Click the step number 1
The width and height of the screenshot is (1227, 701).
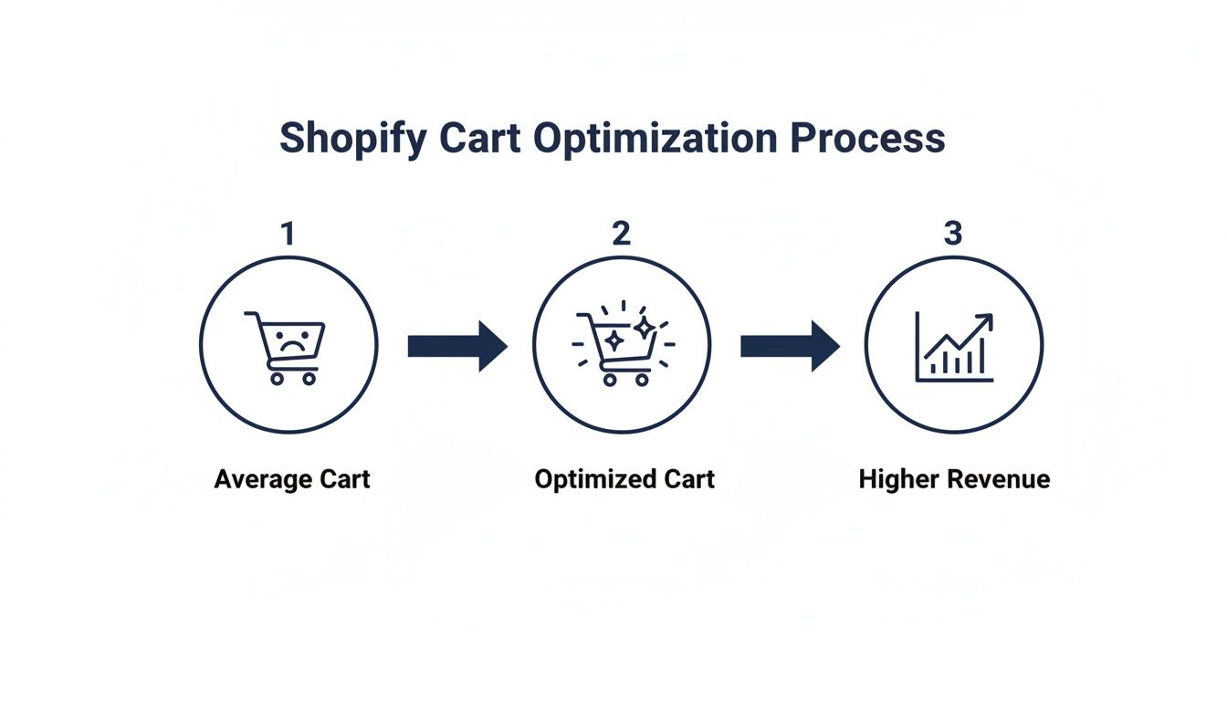click(288, 234)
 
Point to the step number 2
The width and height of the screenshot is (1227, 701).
click(621, 234)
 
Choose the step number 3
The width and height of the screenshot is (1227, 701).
click(952, 234)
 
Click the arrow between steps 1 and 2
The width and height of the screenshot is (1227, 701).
click(456, 346)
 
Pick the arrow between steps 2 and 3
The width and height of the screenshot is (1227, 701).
click(790, 346)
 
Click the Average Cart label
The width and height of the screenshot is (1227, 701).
click(292, 479)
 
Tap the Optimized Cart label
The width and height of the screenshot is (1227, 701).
click(624, 479)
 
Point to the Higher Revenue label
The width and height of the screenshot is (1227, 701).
click(954, 479)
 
